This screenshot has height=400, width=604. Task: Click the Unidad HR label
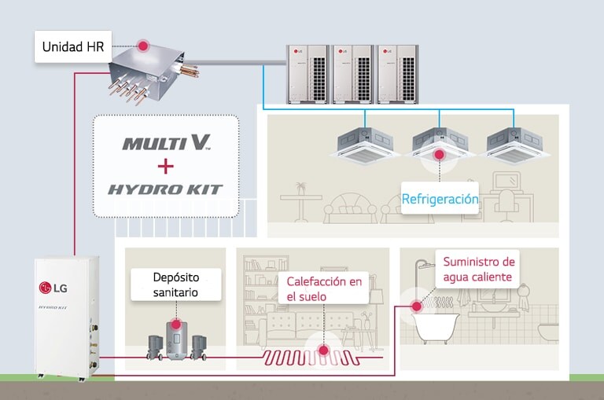pyautogui.click(x=72, y=47)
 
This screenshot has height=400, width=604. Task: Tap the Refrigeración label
pyautogui.click(x=440, y=199)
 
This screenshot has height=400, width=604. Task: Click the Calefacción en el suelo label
pyautogui.click(x=324, y=288)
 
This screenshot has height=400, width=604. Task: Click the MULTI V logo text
pyautogui.click(x=166, y=143)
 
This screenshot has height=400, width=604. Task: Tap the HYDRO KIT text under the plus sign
pyautogui.click(x=165, y=189)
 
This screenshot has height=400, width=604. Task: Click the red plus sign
pyautogui.click(x=165, y=166)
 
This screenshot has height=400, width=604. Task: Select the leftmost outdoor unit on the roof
pyautogui.click(x=308, y=73)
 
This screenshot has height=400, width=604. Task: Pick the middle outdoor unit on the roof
pyautogui.click(x=352, y=73)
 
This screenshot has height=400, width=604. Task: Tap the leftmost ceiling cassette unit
pyautogui.click(x=366, y=142)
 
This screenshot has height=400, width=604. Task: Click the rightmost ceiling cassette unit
pyautogui.click(x=515, y=142)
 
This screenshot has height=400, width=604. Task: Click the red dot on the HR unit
pyautogui.click(x=144, y=46)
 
